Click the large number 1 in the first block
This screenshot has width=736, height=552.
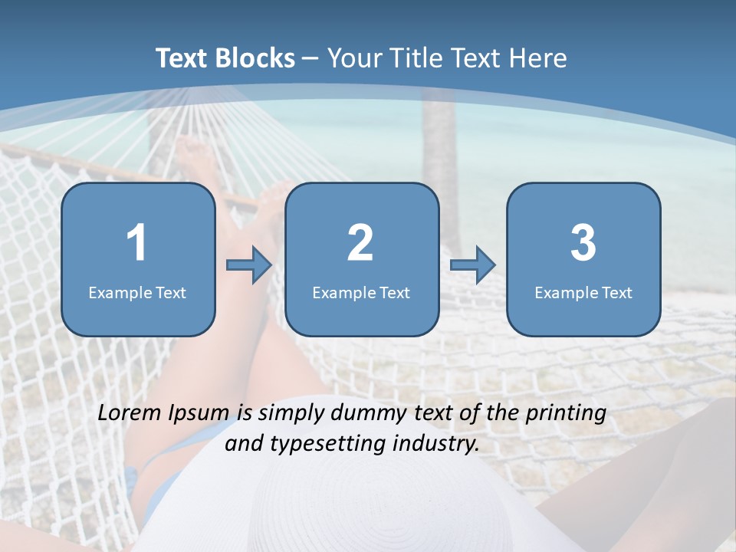136,243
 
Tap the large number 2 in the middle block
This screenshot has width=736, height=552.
360,243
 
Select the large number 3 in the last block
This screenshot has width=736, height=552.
583,243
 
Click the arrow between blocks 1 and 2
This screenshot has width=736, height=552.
249,265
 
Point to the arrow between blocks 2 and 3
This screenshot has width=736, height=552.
472,265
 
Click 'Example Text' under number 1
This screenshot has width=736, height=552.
137,292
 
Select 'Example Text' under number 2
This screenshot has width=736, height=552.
361,292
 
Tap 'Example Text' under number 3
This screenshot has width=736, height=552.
583,292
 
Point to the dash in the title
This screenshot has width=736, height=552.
310,59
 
